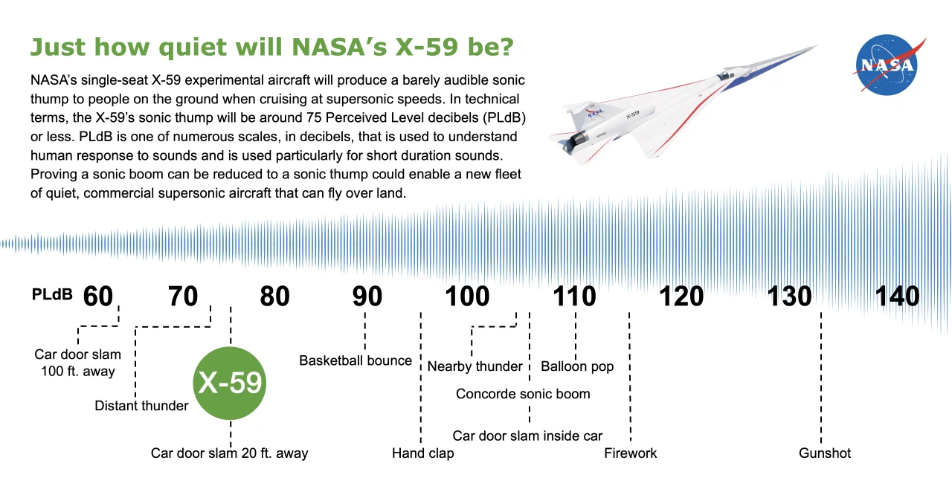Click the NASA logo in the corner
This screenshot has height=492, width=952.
(888, 65)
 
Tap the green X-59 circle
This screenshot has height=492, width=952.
(230, 383)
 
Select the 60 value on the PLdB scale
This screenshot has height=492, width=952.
(98, 296)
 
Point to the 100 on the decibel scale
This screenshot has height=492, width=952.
(467, 296)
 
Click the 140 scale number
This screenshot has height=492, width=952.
(897, 296)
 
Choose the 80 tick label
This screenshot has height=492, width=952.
(275, 296)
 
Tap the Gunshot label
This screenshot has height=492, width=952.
(825, 453)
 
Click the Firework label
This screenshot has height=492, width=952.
(630, 453)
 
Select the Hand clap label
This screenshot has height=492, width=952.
(423, 453)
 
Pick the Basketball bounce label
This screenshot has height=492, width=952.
(356, 360)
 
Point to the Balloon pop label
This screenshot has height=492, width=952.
(577, 366)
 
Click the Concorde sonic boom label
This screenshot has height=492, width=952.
(523, 394)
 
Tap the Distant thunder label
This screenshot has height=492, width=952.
(141, 406)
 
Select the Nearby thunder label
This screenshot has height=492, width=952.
(475, 366)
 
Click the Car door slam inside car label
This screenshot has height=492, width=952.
(527, 436)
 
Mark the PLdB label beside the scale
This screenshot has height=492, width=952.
(52, 294)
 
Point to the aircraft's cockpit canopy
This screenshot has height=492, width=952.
(724, 76)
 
